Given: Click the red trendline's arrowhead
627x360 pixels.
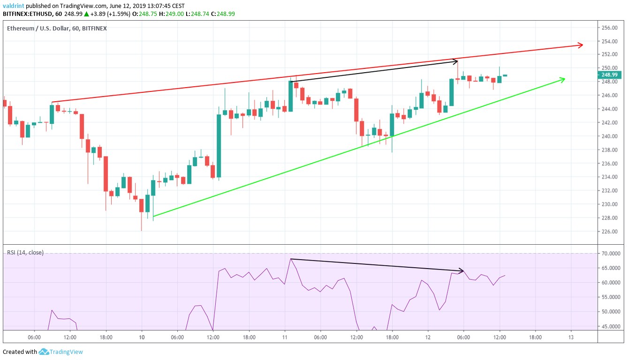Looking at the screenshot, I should click(x=581, y=45).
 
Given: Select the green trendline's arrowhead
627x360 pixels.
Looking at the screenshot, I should click(x=563, y=79).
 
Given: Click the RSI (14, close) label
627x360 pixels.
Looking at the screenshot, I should click(x=25, y=253).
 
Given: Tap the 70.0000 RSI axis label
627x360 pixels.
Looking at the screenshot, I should click(x=611, y=254).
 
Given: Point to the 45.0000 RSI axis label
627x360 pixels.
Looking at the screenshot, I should click(x=611, y=326).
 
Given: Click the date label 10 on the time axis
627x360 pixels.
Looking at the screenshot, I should click(x=142, y=337).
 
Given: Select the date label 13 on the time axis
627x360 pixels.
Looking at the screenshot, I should click(x=571, y=337).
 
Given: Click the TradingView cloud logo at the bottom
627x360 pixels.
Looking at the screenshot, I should click(x=44, y=352).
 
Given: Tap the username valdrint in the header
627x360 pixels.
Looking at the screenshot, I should click(x=13, y=6).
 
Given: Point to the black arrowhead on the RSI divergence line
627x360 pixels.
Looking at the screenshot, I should click(x=462, y=270).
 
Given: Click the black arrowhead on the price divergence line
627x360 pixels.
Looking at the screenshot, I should click(x=455, y=61).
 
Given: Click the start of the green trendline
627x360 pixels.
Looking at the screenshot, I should click(x=153, y=216).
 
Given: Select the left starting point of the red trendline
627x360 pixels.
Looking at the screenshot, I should click(x=52, y=102).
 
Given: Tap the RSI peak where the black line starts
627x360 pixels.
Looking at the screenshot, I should click(x=291, y=259).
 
